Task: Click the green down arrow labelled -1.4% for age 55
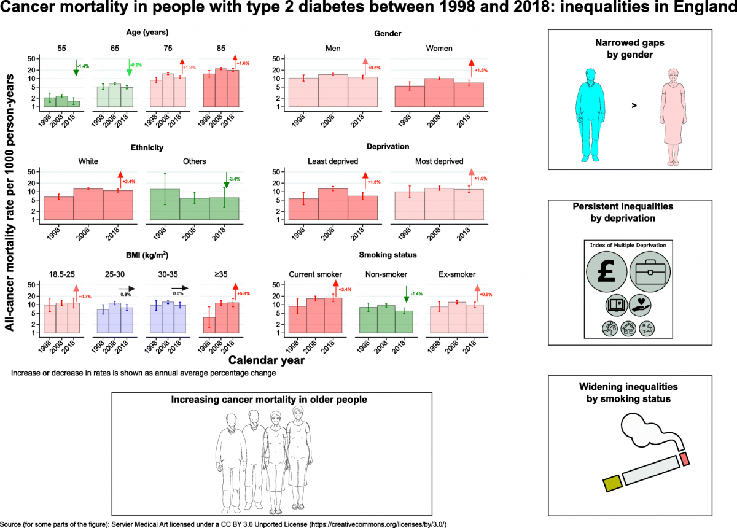pos(76,68)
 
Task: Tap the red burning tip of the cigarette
pos(685,458)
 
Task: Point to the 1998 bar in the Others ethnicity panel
pos(165,204)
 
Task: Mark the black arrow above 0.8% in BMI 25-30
pos(127,287)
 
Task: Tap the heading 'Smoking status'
pos(383,255)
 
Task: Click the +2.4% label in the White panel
pos(128,182)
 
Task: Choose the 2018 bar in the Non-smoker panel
pos(405,321)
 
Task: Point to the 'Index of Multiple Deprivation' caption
pos(628,245)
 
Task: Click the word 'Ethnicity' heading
pos(147,147)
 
